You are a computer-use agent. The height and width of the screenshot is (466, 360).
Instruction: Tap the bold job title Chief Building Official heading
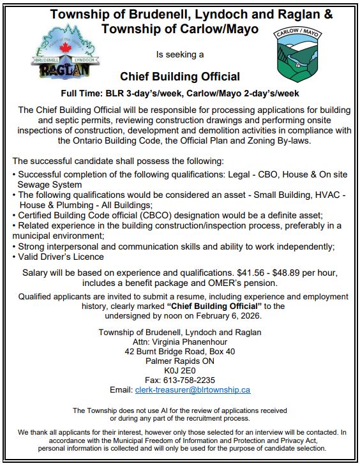coord(180,78)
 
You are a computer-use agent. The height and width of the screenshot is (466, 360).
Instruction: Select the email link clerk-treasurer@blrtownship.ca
coord(192,389)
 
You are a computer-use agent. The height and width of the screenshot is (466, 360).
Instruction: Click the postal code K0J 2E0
coord(179,370)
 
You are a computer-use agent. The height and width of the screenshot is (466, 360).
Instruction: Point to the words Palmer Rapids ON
coord(179,360)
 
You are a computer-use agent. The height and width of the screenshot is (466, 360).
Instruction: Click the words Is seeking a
coord(179,55)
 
